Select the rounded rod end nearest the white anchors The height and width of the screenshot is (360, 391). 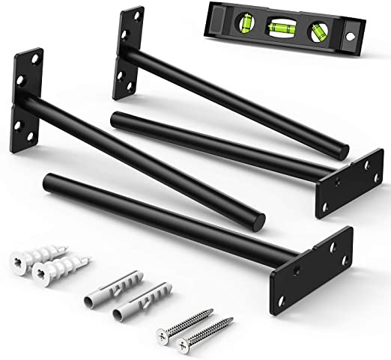(x=50, y=180)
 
